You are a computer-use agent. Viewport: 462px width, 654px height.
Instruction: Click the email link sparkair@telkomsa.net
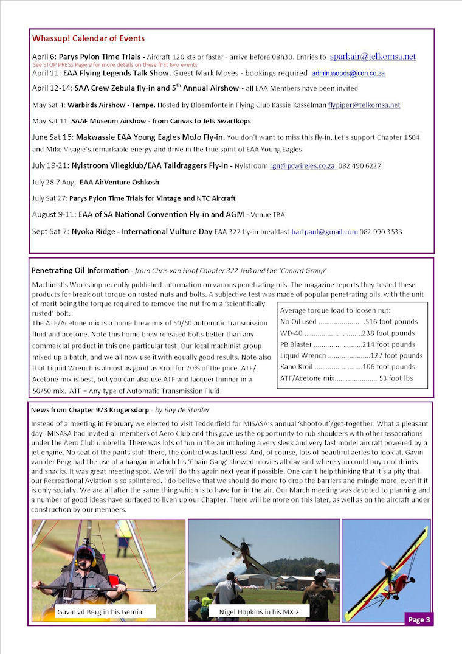pyautogui.click(x=373, y=57)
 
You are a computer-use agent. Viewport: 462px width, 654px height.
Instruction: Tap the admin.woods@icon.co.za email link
pyautogui.click(x=348, y=73)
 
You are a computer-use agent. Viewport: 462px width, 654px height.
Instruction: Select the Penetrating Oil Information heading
pyautogui.click(x=79, y=270)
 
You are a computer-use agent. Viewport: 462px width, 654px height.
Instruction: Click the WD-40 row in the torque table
pyautogui.click(x=347, y=333)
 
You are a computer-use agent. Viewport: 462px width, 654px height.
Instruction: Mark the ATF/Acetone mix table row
pyautogui.click(x=347, y=378)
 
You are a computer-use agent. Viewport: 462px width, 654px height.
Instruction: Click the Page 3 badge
pyautogui.click(x=419, y=619)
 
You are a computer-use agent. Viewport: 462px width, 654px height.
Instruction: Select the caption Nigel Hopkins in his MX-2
pyautogui.click(x=254, y=611)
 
